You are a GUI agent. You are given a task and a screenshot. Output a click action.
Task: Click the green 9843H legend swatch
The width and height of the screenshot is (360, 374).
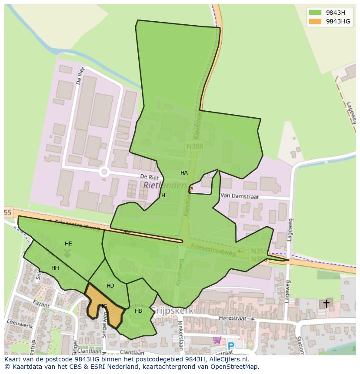click(x=315, y=13)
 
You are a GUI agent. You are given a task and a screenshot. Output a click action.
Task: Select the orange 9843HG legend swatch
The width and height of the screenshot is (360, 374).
click(x=315, y=21)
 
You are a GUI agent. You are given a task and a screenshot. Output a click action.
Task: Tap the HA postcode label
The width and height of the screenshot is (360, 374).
click(x=184, y=173)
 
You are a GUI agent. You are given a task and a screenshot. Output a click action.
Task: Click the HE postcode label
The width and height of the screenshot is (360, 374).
click(x=68, y=244)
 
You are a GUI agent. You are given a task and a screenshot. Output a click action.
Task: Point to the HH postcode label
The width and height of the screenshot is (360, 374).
click(x=55, y=268)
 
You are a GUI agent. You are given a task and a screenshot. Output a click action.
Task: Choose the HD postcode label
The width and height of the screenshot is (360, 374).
click(x=110, y=286)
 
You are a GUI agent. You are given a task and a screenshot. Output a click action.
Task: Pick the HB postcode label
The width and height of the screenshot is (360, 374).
click(x=138, y=311)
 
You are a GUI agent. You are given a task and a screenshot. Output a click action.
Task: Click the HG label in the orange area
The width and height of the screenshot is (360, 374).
click(x=103, y=306)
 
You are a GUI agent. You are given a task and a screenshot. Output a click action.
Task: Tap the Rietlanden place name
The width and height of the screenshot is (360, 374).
click(x=164, y=185)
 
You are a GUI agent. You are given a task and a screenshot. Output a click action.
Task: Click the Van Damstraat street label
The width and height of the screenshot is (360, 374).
click(x=240, y=196)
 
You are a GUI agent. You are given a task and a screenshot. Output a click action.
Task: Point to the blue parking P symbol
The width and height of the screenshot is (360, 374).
click(x=231, y=346)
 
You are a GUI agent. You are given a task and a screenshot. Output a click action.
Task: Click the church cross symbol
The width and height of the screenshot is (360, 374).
click(x=326, y=304)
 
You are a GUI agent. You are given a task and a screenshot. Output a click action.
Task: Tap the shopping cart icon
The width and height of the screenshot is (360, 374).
click(x=217, y=340)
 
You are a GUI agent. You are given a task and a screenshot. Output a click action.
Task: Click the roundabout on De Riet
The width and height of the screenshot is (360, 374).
click(x=104, y=172)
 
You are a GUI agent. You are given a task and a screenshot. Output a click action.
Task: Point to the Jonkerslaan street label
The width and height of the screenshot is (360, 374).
click(x=180, y=335)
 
